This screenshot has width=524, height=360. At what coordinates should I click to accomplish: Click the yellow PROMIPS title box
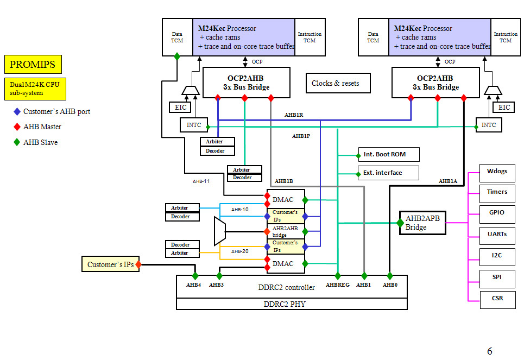tap(33, 64)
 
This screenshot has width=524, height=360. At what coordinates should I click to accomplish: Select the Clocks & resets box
tap(338, 83)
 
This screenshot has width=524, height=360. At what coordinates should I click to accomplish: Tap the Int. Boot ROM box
tap(389, 154)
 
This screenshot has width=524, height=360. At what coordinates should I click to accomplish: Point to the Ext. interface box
tap(389, 173)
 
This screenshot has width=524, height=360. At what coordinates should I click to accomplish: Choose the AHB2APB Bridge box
tap(422, 223)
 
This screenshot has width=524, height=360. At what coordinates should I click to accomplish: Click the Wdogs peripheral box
tap(497, 172)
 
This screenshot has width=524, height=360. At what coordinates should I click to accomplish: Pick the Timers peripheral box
tap(497, 192)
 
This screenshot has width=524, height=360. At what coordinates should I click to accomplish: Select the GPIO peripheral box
tap(497, 213)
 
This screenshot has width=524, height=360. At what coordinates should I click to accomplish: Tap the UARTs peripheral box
tap(497, 235)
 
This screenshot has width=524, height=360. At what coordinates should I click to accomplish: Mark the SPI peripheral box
tap(497, 277)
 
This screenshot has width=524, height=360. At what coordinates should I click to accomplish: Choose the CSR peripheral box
tap(497, 299)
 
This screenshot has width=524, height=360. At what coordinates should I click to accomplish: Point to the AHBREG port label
tap(338, 285)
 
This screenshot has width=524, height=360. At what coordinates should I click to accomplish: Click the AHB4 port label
tap(194, 285)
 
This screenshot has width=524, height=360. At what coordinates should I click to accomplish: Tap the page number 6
tap(489, 351)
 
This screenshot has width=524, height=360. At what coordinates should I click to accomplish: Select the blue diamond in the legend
tap(16, 112)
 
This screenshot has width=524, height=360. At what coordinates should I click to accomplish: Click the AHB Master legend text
tap(42, 127)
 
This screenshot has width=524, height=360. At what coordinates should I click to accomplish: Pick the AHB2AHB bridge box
tap(285, 231)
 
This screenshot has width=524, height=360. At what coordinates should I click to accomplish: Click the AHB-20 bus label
tap(239, 251)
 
